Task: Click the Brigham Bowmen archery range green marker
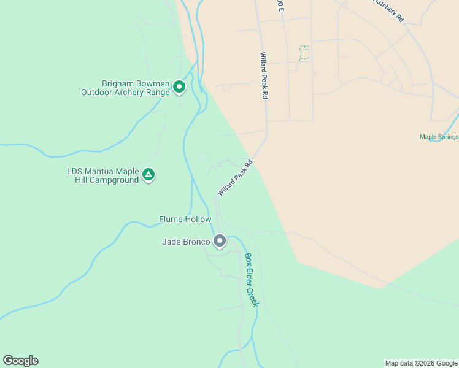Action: pos(179,87)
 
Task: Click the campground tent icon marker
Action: pos(148,175)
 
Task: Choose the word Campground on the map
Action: pos(114,180)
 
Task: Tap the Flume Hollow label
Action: pos(185,219)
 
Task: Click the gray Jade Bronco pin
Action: pos(220,241)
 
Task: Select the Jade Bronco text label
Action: pos(186,242)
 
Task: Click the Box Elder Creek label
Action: pos(252,280)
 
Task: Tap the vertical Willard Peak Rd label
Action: pos(264,76)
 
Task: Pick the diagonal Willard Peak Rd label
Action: pos(235,178)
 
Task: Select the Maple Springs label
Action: pos(439,137)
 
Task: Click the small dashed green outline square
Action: pos(304,53)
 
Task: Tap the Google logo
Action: pos(20,361)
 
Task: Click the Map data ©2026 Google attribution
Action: pos(422,363)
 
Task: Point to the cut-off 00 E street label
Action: pos(280,6)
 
